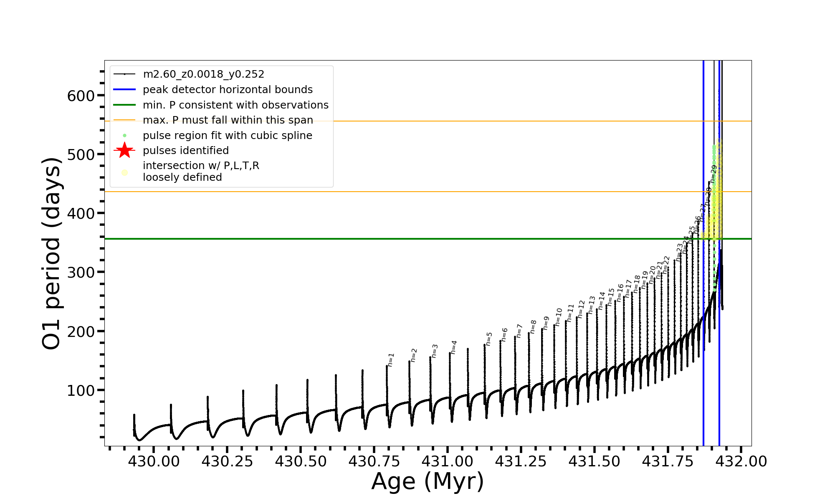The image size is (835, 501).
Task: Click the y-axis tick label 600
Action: [81, 96]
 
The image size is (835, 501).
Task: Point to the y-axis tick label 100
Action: [81, 390]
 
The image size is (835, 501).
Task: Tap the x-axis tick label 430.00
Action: [154, 461]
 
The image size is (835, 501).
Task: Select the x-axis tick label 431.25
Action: [521, 461]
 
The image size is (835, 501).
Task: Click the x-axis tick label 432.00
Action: [741, 461]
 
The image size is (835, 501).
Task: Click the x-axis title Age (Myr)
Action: [428, 481]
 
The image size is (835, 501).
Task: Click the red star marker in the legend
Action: [124, 150]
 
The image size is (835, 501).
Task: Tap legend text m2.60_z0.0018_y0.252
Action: [203, 74]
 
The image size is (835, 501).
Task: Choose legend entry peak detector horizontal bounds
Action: [228, 90]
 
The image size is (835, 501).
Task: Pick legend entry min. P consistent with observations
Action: [235, 105]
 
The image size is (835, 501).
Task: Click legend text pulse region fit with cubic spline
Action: [228, 136]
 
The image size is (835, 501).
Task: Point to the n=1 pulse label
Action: [391, 360]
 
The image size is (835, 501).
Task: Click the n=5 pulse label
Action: [489, 339]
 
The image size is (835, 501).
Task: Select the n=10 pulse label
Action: [559, 317]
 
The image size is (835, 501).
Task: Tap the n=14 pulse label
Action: [602, 301]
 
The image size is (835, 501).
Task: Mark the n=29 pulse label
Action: [714, 174]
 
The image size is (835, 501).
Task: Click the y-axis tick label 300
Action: [81, 272]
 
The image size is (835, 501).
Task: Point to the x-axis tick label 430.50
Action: [301, 461]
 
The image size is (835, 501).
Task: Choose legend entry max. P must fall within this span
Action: [228, 120]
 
